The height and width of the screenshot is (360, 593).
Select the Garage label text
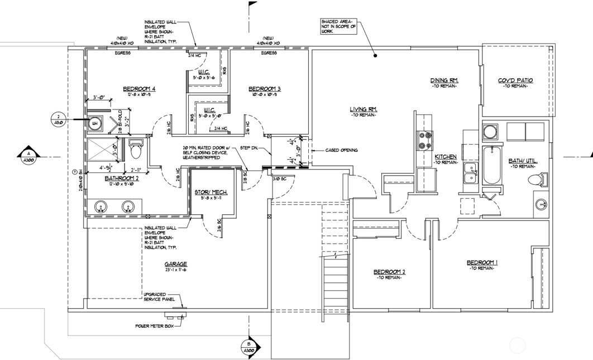[175, 264]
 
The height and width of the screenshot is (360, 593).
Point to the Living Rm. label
[365, 109]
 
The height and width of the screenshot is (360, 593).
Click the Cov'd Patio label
[515, 80]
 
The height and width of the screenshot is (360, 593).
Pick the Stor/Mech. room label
[209, 193]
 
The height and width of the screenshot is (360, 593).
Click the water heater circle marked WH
[95, 124]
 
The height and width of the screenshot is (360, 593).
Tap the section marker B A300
[248, 347]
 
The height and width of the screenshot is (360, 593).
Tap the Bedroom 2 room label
[389, 272]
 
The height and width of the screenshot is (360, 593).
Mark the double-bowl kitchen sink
[469, 177]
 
